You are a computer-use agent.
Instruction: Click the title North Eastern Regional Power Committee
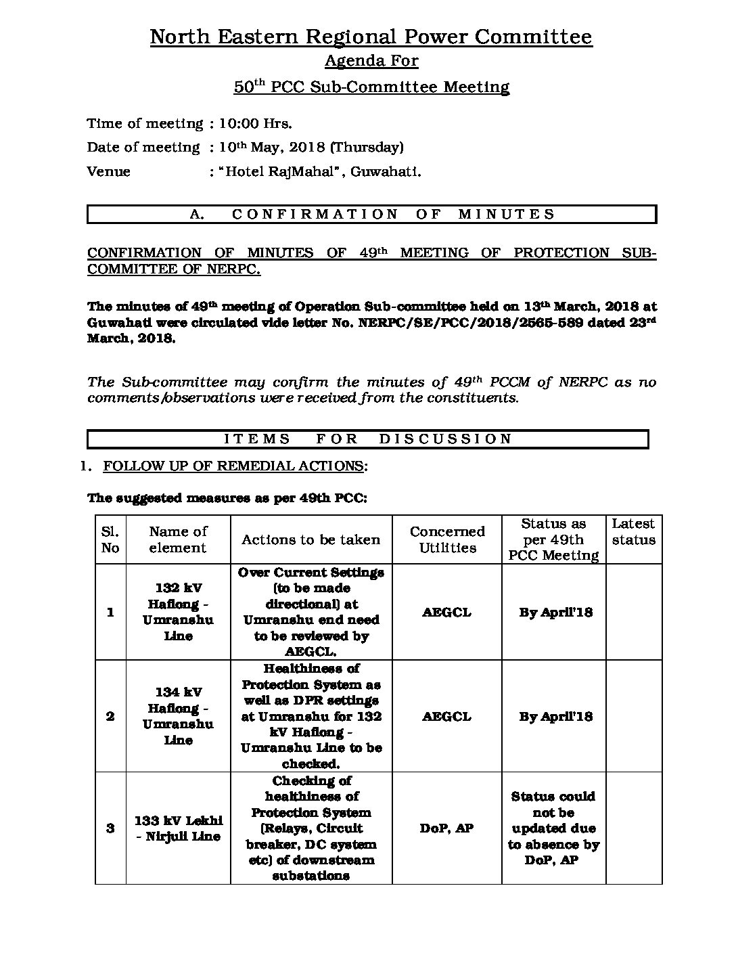371,37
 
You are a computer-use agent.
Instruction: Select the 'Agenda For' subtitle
371,61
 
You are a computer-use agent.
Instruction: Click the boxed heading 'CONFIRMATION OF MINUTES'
371,215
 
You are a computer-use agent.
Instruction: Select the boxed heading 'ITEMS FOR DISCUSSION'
368,439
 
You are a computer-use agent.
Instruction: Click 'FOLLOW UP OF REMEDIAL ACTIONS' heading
233,466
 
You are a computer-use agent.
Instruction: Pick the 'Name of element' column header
178,539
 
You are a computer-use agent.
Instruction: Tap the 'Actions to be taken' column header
310,539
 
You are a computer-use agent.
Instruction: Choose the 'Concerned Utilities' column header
447,539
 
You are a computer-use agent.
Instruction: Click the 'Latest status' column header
633,532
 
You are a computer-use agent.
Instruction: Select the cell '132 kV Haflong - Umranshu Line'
178,612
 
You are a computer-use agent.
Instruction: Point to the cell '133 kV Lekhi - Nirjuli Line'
178,828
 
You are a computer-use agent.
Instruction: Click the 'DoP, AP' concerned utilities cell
446,828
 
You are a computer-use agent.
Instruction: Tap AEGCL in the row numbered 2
446,716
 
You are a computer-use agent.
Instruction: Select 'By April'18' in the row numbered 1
555,612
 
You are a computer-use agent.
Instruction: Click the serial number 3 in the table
110,828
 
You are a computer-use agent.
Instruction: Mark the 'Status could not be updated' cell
553,828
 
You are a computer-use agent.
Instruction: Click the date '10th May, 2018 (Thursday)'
311,147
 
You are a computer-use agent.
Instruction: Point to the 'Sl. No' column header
110,539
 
